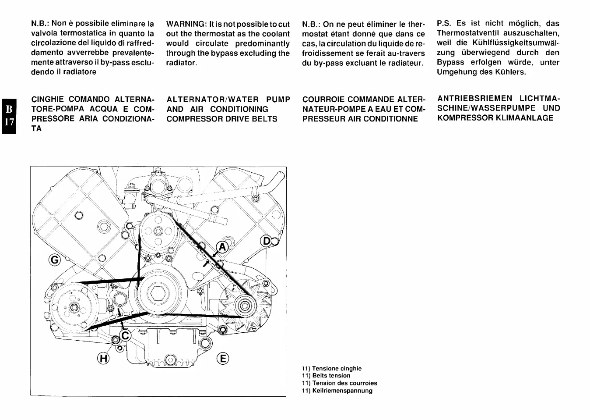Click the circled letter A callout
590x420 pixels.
[223, 247]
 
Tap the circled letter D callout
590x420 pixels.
[266, 241]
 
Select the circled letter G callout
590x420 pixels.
[55, 260]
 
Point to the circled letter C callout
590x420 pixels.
[126, 336]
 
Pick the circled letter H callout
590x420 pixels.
[103, 358]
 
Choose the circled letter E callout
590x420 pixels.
[223, 358]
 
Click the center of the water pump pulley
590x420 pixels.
[158, 231]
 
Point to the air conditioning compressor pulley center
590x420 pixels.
[73, 308]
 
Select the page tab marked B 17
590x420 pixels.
[8, 115]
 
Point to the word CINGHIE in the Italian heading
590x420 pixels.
[48, 100]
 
